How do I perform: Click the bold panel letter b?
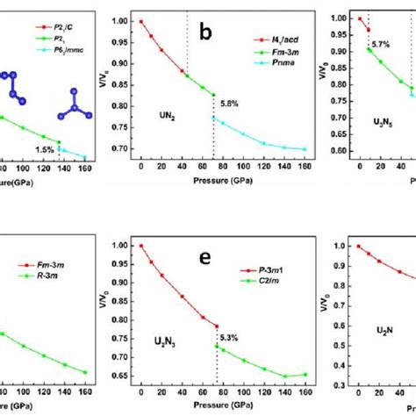(205, 33)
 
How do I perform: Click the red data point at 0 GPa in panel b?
(141, 20)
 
